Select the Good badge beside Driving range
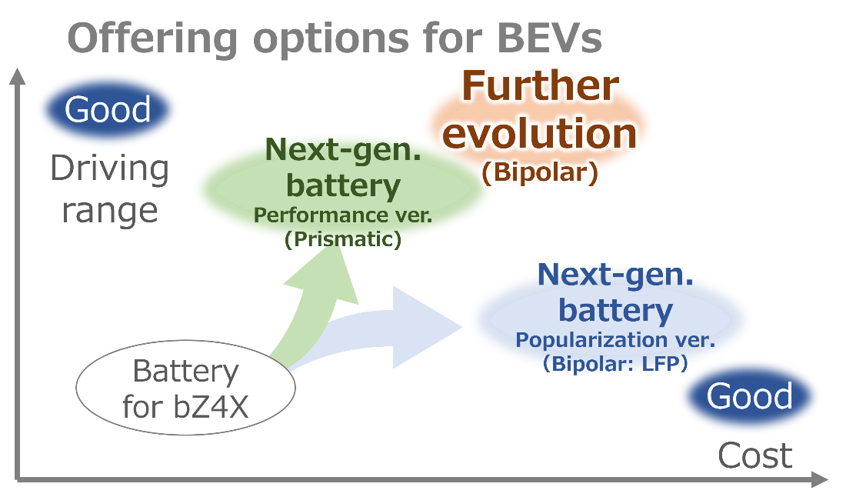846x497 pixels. [x=108, y=109]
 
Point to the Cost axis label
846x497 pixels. [x=754, y=456]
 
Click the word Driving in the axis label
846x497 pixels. [x=109, y=168]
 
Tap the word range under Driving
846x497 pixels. [x=109, y=211]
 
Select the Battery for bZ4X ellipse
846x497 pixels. [x=185, y=388]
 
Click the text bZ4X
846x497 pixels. [x=211, y=407]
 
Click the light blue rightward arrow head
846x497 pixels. [x=426, y=328]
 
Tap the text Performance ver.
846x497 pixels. [x=343, y=215]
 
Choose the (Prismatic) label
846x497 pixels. [x=343, y=239]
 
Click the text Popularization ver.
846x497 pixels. [x=615, y=340]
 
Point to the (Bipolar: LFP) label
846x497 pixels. [x=615, y=364]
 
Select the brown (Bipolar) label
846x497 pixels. [x=540, y=172]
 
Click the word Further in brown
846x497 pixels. [x=540, y=86]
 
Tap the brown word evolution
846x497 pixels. [x=540, y=133]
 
